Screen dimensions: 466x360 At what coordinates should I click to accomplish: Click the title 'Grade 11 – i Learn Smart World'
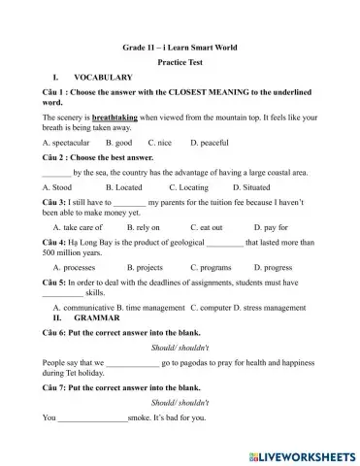point(180,47)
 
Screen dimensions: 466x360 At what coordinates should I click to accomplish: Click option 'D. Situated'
point(253,185)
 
